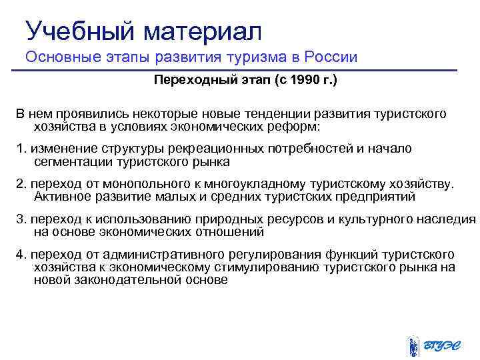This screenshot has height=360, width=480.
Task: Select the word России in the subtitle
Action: pyautogui.click(x=332, y=57)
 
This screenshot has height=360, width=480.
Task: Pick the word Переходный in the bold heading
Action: pyautogui.click(x=191, y=81)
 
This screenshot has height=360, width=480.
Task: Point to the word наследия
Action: pyautogui.click(x=451, y=219)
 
